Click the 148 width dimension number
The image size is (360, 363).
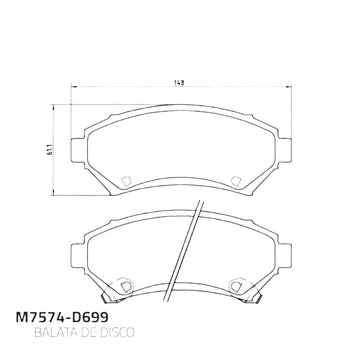pyautogui.click(x=179, y=82)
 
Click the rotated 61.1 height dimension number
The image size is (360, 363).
pyautogui.click(x=50, y=150)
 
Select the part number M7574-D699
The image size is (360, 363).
pyautogui.click(x=62, y=317)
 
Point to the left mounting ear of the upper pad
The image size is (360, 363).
pyautogui.click(x=78, y=150)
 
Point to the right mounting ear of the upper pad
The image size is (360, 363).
pyautogui.click(x=284, y=150)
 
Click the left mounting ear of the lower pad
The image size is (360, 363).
pyautogui.click(x=78, y=256)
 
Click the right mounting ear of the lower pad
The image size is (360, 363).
pyautogui.click(x=284, y=256)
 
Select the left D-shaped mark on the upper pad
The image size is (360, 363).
pyautogui.click(x=126, y=181)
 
